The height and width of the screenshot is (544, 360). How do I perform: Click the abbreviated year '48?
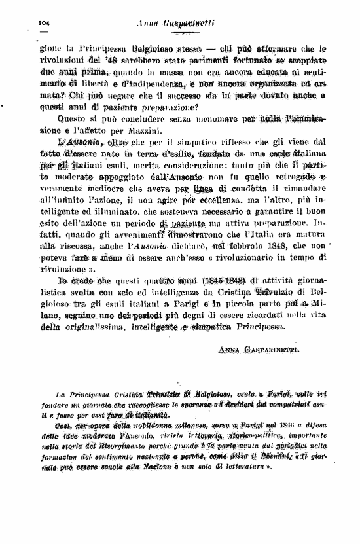101,60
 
